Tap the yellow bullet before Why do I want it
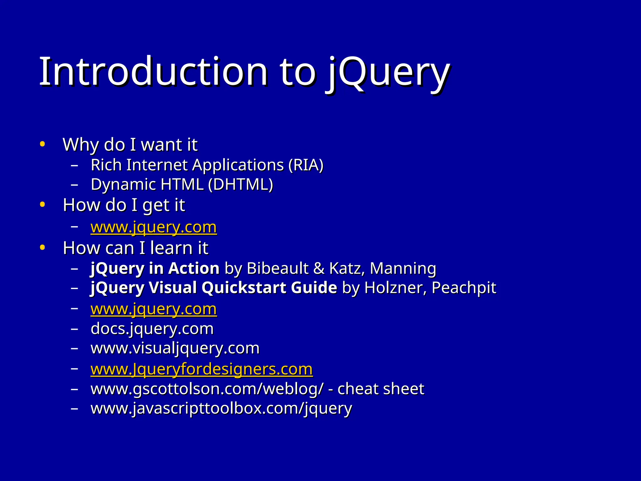(43, 144)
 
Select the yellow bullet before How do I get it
(43, 205)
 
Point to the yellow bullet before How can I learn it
(43, 248)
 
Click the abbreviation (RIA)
(306, 165)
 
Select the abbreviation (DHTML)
(241, 184)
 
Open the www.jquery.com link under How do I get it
(153, 227)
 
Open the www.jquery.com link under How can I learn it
(153, 309)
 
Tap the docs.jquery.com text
(152, 329)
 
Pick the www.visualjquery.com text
(175, 348)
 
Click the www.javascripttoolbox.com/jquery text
(221, 408)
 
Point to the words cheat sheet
(381, 389)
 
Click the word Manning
(403, 269)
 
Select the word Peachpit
(464, 288)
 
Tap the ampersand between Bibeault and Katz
(319, 269)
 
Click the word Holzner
(395, 288)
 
